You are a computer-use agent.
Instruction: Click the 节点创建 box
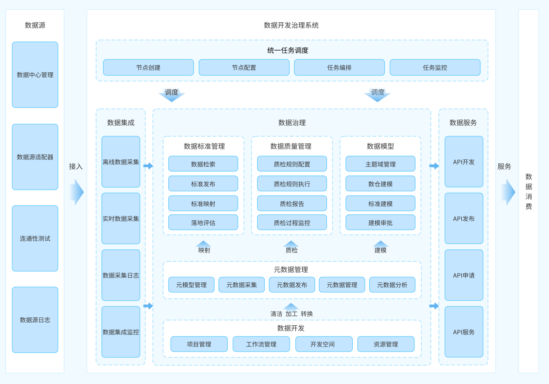[x=148, y=67]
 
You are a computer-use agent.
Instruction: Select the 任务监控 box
[x=435, y=67]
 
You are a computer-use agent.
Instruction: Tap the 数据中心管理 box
[x=35, y=75]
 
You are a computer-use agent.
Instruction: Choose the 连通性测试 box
[x=35, y=238]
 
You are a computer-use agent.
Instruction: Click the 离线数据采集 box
[x=121, y=162]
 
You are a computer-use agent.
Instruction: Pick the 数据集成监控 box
[x=121, y=331]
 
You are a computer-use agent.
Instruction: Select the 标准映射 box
[x=203, y=203]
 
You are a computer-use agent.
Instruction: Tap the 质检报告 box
[x=292, y=203]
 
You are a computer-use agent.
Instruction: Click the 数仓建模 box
[x=380, y=183]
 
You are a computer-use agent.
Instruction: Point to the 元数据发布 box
[x=292, y=285]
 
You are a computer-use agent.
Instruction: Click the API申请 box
[x=464, y=275]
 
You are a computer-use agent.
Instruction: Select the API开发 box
[x=464, y=162]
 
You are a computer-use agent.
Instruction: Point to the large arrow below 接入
[x=77, y=192]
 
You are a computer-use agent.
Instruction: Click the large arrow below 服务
[x=508, y=192]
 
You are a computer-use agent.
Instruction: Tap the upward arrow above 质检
[x=291, y=244]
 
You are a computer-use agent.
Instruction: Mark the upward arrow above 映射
[x=204, y=244]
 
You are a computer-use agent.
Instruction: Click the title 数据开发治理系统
[x=291, y=25]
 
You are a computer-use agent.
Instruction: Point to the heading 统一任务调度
[x=288, y=50]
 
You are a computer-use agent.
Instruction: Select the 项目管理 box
[x=199, y=344]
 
